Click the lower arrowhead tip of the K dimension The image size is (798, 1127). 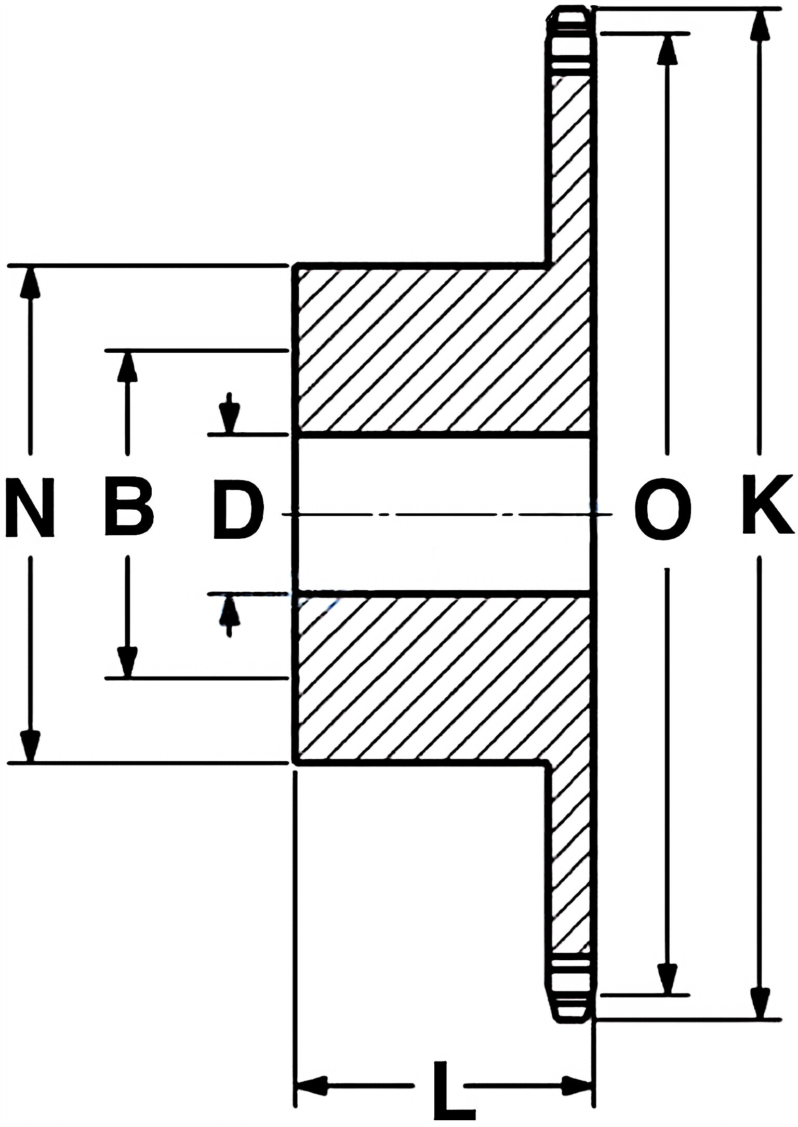coord(760,1018)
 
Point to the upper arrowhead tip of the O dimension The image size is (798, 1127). coord(667,34)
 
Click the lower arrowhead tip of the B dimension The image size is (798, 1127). coord(126,678)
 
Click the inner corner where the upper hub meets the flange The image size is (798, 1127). coord(548,266)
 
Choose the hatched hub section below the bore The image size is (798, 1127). coord(444,680)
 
